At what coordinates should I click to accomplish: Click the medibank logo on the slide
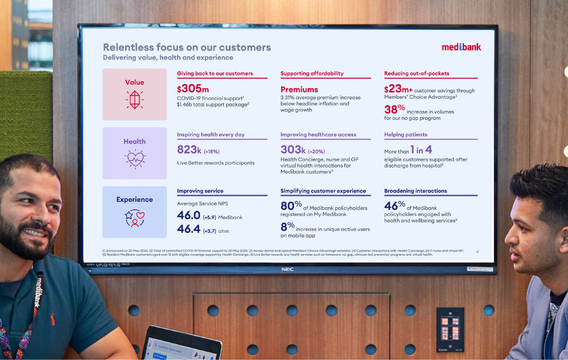[461, 47]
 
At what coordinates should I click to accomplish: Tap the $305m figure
[193, 89]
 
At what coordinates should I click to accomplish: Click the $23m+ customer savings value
[398, 90]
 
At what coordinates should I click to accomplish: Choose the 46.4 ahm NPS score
[189, 230]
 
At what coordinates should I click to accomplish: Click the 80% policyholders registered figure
[291, 206]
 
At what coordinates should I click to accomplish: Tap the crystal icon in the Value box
[135, 100]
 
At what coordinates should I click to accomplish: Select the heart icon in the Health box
[135, 159]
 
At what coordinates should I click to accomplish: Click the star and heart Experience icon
[135, 218]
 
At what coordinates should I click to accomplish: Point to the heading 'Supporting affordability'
[312, 74]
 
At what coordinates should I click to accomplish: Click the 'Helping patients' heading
[405, 135]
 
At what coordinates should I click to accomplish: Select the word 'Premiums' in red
[299, 90]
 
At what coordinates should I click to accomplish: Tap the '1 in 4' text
[421, 150]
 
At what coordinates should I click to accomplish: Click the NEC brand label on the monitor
[287, 269]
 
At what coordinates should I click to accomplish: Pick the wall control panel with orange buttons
[450, 324]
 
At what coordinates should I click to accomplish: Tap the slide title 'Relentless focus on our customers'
[187, 47]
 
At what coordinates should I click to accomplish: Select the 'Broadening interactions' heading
[415, 191]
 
